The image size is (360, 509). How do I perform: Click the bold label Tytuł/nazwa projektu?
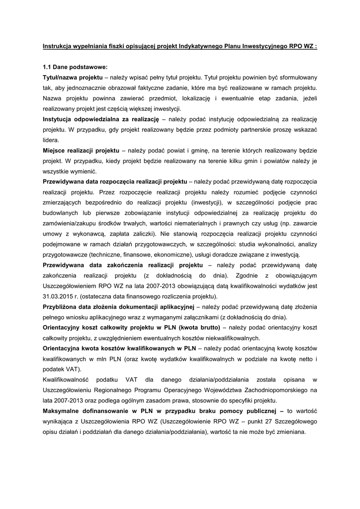[x=73, y=78]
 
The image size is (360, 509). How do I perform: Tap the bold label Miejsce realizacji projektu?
[x=81, y=150]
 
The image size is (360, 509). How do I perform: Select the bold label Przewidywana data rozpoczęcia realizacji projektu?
[x=114, y=181]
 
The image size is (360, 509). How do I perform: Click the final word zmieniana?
[x=289, y=431]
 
